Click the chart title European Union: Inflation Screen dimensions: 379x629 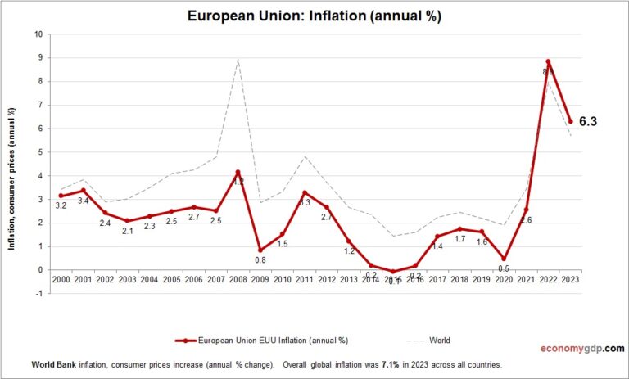coord(314,16)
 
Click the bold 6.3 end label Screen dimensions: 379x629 coord(588,121)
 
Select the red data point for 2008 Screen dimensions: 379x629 coord(238,172)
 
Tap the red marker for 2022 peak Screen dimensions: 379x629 coord(548,61)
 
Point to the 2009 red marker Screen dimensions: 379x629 coord(260,250)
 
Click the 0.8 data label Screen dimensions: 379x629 coord(259,261)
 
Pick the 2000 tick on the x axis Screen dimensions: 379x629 coord(61,280)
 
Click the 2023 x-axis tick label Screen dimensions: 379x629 coord(570,280)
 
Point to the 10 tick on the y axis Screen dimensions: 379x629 coord(38,34)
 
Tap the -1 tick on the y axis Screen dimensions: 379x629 coord(38,293)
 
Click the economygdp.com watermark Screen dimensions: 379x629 coord(581,347)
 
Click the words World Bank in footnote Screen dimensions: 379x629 coord(53,364)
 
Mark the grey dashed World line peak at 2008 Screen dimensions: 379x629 coord(238,59)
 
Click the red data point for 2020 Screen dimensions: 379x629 coord(504,258)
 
